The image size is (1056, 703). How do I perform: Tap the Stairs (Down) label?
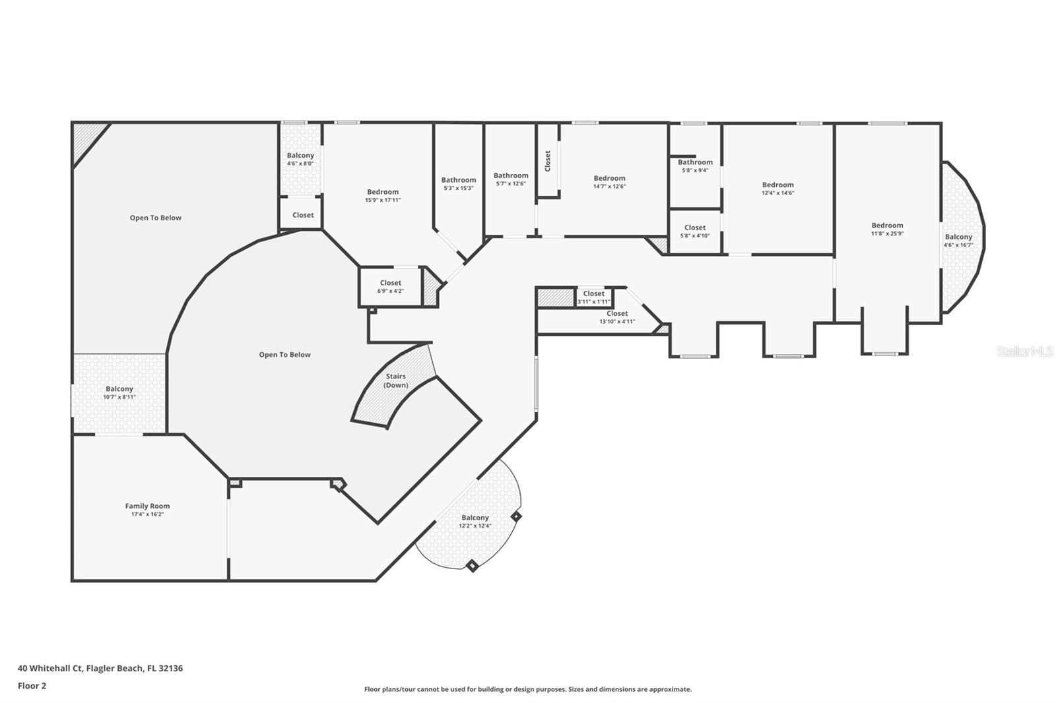click(x=396, y=381)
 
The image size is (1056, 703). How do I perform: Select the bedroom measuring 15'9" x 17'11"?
click(x=383, y=195)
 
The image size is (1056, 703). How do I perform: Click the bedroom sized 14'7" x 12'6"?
click(x=609, y=181)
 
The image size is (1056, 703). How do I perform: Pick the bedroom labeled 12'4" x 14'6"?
click(x=777, y=189)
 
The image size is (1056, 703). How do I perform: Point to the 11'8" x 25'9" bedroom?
click(x=886, y=228)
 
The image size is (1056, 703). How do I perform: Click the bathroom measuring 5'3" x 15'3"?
click(x=458, y=183)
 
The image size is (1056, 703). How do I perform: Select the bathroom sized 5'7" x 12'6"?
click(x=511, y=179)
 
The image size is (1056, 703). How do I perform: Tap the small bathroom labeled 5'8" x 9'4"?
click(x=695, y=166)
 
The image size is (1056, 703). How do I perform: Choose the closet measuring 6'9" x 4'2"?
click(x=390, y=286)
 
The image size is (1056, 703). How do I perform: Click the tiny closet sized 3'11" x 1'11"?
click(x=593, y=297)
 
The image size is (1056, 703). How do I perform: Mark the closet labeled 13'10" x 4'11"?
click(x=617, y=317)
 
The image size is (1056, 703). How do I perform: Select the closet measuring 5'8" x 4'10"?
click(x=695, y=231)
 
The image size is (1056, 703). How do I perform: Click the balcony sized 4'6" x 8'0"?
click(x=300, y=159)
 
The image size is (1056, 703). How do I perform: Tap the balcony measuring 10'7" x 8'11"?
click(x=119, y=392)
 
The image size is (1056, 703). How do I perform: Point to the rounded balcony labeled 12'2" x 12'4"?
click(x=475, y=521)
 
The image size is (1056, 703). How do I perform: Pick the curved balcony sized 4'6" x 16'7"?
click(x=958, y=240)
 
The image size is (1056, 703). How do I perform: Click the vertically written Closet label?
click(x=547, y=161)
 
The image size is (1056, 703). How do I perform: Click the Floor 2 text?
click(x=32, y=686)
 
